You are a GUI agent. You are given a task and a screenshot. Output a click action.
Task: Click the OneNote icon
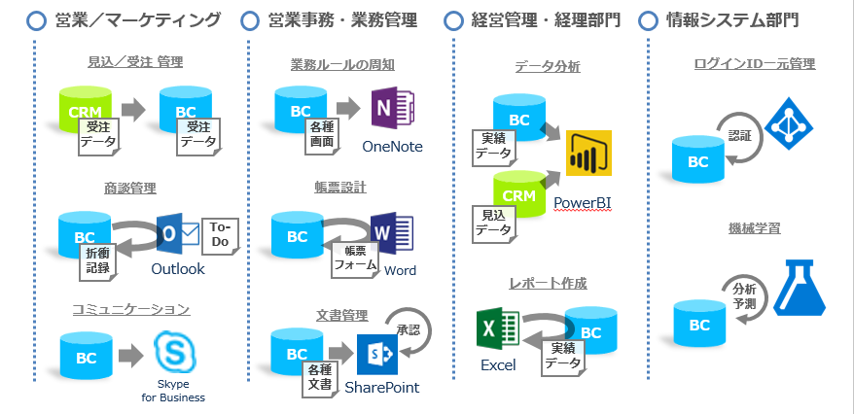[x=392, y=108]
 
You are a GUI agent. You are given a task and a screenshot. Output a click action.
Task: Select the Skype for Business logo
[x=173, y=352]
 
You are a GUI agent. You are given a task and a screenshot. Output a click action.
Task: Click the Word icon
[x=390, y=233]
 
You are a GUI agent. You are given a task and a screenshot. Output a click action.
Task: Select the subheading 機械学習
[x=754, y=228]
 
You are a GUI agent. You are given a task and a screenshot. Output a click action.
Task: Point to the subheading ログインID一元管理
[x=754, y=64]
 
